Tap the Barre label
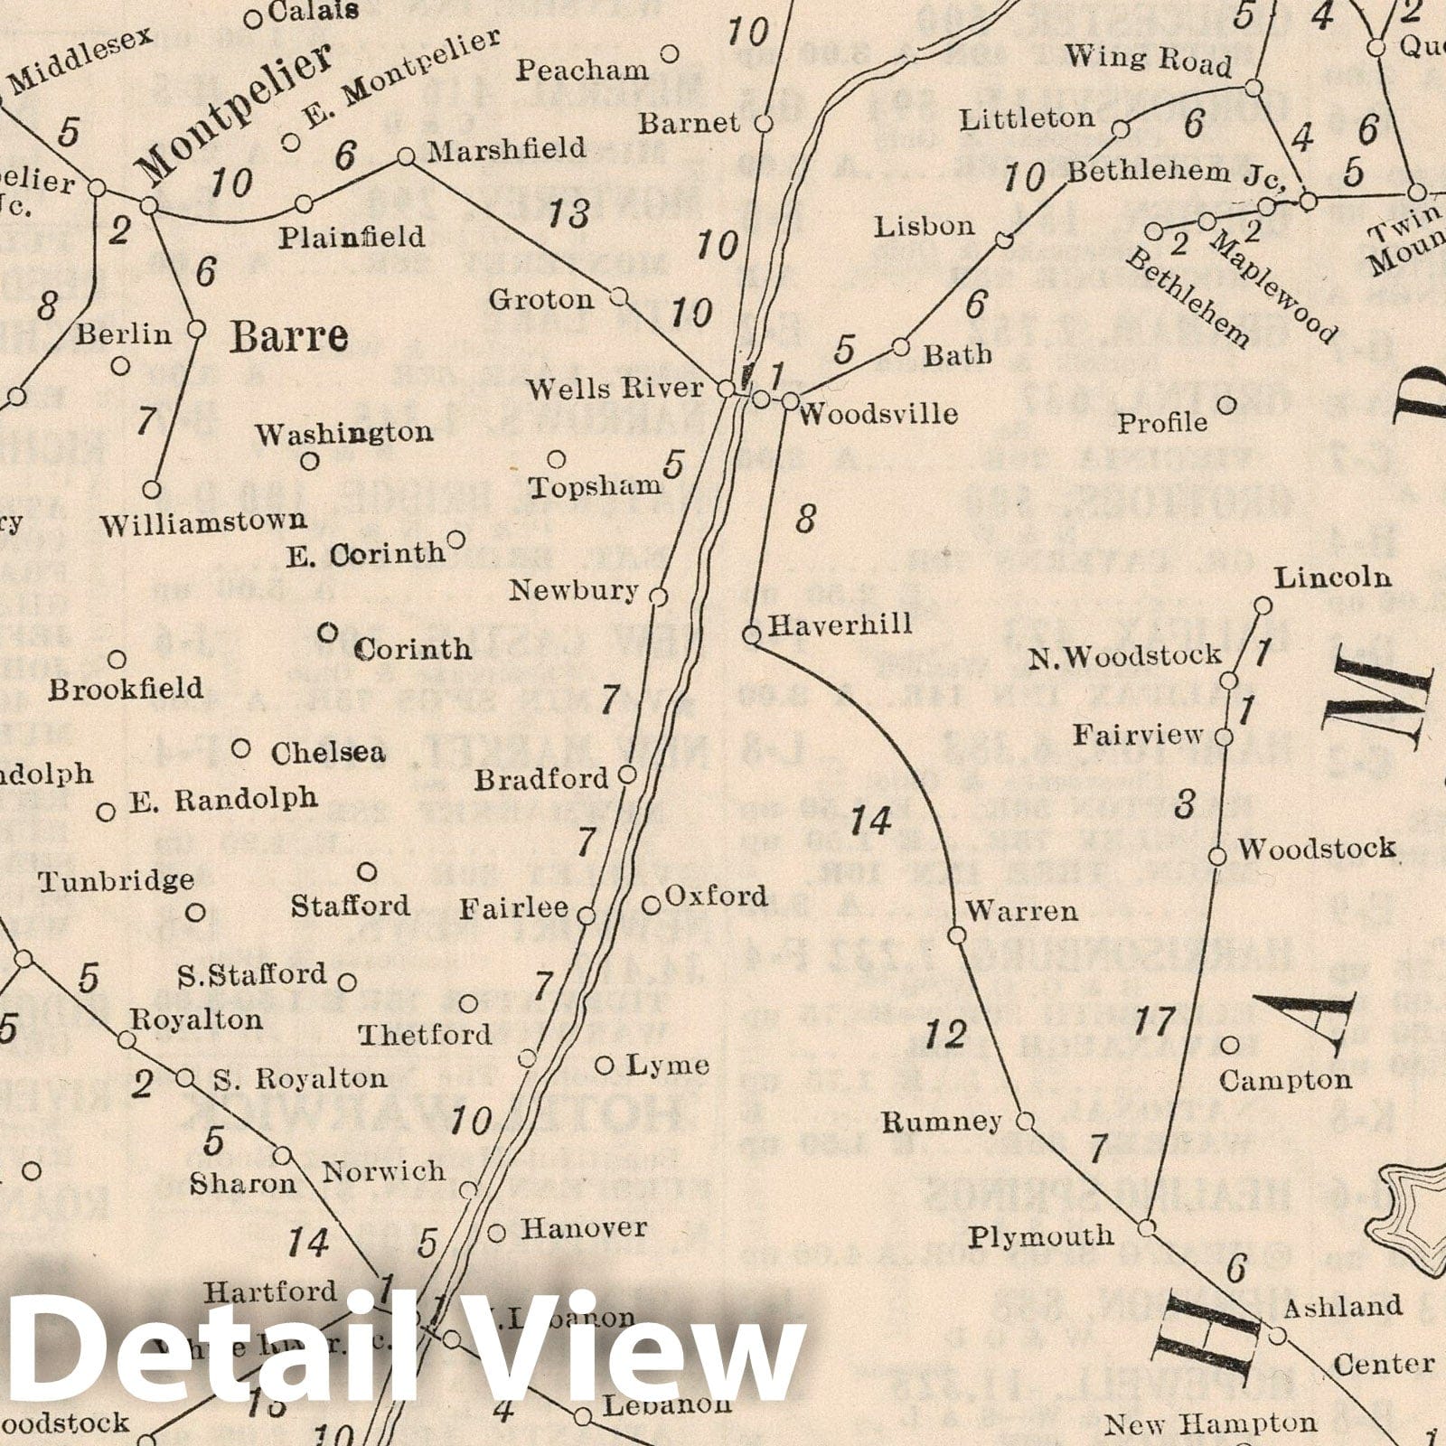coord(288,337)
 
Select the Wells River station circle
coord(725,390)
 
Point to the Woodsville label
coord(878,414)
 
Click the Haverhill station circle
coord(751,636)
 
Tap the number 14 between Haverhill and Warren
coord(871,821)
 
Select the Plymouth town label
coord(1041,1236)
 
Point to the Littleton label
coord(1027,118)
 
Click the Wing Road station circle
coord(1254,88)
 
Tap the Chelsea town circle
coord(241,748)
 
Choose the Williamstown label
coord(203,522)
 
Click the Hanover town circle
coord(496,1233)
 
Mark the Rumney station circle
coord(1025,1122)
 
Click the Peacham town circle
coord(670,54)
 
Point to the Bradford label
coord(541,779)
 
